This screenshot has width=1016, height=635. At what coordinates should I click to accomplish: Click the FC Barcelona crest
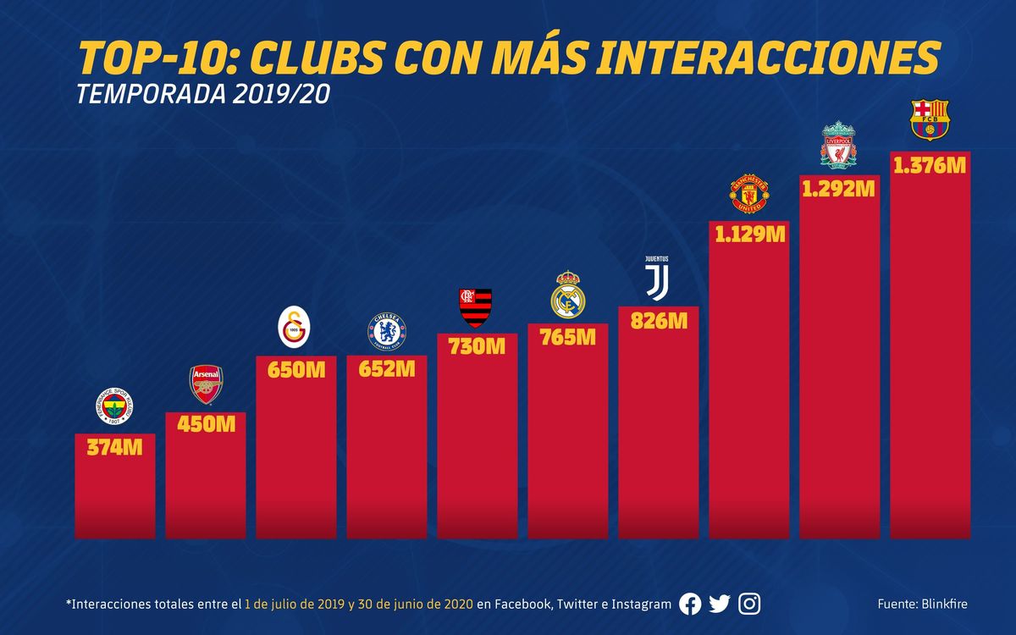click(x=930, y=119)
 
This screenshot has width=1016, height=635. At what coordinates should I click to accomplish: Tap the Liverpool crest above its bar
click(x=838, y=145)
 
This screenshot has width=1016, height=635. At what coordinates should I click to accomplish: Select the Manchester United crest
click(x=748, y=194)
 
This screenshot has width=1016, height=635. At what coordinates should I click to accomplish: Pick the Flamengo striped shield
click(x=475, y=307)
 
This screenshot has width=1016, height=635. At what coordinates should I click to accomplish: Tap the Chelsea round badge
click(x=386, y=331)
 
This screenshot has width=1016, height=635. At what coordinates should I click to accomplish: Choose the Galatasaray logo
click(x=295, y=327)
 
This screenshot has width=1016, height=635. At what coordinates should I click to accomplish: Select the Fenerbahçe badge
click(x=114, y=408)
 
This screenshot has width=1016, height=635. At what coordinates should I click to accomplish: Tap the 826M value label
click(x=658, y=320)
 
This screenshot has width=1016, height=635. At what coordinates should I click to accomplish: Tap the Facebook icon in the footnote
click(x=690, y=604)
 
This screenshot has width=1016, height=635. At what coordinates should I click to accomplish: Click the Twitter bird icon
click(x=720, y=604)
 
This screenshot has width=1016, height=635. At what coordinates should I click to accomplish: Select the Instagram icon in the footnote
click(x=749, y=604)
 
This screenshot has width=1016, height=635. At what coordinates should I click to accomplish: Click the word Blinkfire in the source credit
click(x=941, y=604)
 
